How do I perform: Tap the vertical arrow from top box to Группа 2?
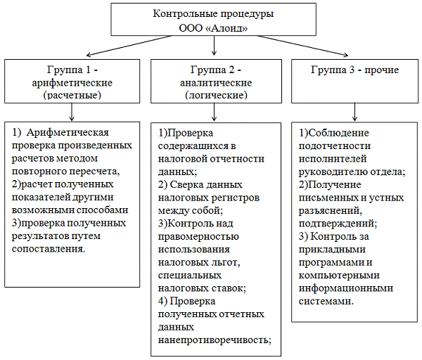215,48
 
